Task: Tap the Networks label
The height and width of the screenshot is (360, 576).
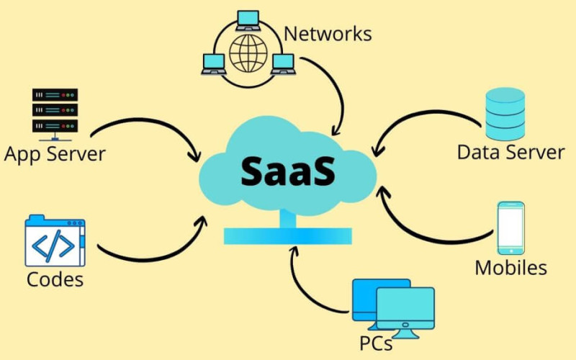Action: pyautogui.click(x=328, y=33)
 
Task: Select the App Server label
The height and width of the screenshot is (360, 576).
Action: pyautogui.click(x=55, y=153)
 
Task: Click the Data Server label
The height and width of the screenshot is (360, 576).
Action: pyautogui.click(x=510, y=152)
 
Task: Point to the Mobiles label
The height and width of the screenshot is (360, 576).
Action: pyautogui.click(x=510, y=268)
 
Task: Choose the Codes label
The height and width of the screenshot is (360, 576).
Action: pyautogui.click(x=55, y=279)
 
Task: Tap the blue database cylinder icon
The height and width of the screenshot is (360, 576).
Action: pyautogui.click(x=505, y=113)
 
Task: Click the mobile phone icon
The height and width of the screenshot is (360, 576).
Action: pyautogui.click(x=510, y=228)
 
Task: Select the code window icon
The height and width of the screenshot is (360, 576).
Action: pyautogui.click(x=55, y=242)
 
